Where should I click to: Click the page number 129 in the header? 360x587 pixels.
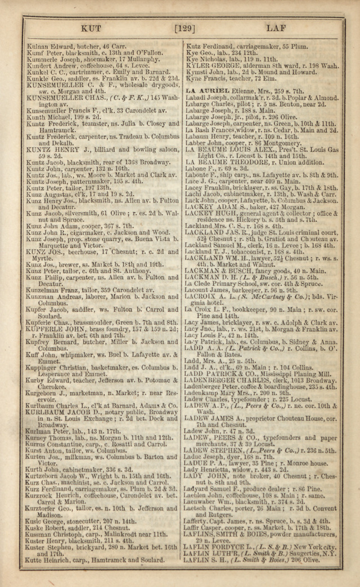click(185, 28)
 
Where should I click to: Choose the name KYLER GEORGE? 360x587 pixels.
click(212, 65)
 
